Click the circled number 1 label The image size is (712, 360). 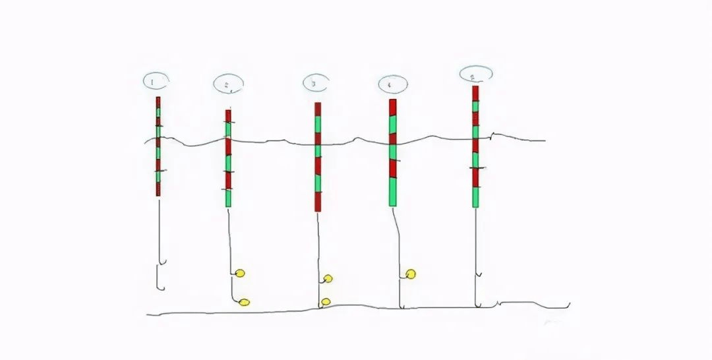(x=156, y=81)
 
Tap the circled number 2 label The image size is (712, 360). (x=229, y=84)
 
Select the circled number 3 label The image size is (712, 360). (x=315, y=83)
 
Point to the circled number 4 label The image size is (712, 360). (x=392, y=84)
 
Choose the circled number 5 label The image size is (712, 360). (x=475, y=74)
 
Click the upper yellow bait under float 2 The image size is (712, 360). (x=240, y=273)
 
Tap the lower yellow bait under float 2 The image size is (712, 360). (x=244, y=303)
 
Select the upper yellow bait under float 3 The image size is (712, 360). (x=328, y=278)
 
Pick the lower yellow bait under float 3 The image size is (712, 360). (x=325, y=302)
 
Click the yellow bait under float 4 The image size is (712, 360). (x=411, y=274)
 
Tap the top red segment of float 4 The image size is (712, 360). (x=392, y=107)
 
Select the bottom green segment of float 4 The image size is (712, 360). (x=393, y=192)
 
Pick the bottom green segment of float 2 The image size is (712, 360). (x=228, y=198)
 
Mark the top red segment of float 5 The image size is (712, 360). (x=475, y=93)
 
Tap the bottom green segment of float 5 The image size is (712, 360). (x=475, y=197)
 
